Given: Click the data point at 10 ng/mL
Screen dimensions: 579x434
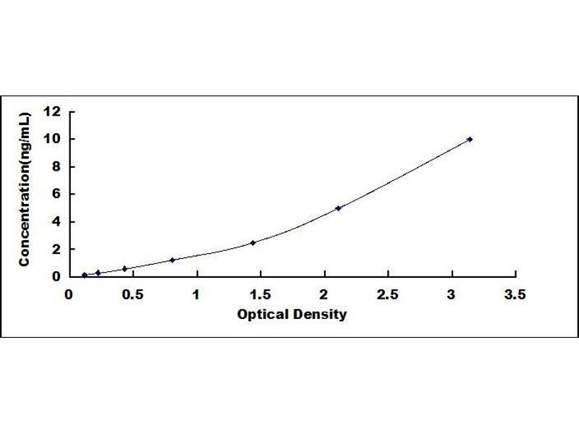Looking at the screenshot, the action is [x=470, y=139].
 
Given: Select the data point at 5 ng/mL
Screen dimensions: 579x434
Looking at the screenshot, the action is [x=338, y=208].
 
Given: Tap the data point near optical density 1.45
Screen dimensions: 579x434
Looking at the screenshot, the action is [x=253, y=243].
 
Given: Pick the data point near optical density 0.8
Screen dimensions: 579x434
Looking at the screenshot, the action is [x=172, y=260].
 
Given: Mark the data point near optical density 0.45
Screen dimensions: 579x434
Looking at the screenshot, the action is [x=124, y=268].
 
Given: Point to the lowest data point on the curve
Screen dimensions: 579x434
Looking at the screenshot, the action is [x=85, y=275].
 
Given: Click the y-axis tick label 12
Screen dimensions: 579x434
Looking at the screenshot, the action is [x=52, y=111].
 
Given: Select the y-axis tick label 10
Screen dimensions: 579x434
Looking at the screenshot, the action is [x=52, y=139].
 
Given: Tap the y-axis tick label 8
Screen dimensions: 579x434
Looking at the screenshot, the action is [x=56, y=166].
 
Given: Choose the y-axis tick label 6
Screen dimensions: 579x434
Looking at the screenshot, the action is [x=56, y=194].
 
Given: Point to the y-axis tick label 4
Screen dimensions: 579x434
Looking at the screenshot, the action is [x=56, y=221].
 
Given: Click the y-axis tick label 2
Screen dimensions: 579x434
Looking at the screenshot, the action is [x=56, y=249].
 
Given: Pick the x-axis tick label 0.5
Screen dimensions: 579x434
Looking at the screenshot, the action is [x=132, y=294].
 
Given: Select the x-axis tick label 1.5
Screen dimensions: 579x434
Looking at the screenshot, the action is [x=260, y=294].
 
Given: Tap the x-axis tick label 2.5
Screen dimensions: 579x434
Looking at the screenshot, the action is [x=388, y=294].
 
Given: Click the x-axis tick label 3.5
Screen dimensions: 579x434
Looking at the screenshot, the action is [x=515, y=294].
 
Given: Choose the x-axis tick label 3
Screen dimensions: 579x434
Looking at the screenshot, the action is [x=451, y=294].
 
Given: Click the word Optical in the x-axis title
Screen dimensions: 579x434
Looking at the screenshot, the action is [x=261, y=315].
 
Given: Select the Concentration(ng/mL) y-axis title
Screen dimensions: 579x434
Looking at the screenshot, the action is [x=25, y=190].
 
